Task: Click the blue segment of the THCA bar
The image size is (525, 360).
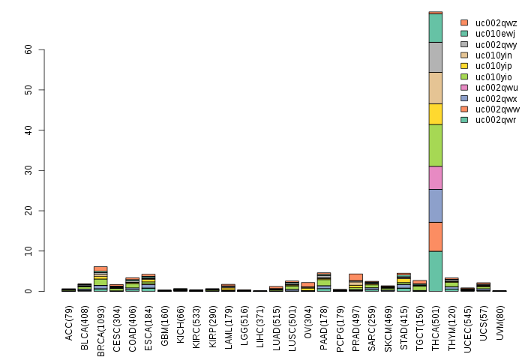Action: click(x=435, y=205)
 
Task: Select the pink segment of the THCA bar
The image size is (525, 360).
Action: click(x=435, y=177)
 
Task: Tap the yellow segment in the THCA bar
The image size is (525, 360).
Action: click(x=435, y=114)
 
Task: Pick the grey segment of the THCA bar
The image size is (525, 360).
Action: click(x=435, y=57)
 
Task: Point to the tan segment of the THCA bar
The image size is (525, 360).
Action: click(x=435, y=88)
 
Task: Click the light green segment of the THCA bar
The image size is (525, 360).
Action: click(x=435, y=145)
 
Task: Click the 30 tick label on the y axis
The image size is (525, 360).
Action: click(x=29, y=170)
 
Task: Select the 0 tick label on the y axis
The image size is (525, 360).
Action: click(x=32, y=291)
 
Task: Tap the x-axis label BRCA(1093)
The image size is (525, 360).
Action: click(x=101, y=322)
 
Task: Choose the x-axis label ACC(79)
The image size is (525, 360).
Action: click(x=69, y=318)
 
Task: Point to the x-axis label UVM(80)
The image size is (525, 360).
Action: click(x=500, y=318)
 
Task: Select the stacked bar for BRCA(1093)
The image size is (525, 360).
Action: click(x=100, y=279)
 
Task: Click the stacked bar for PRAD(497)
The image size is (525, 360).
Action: click(x=355, y=283)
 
